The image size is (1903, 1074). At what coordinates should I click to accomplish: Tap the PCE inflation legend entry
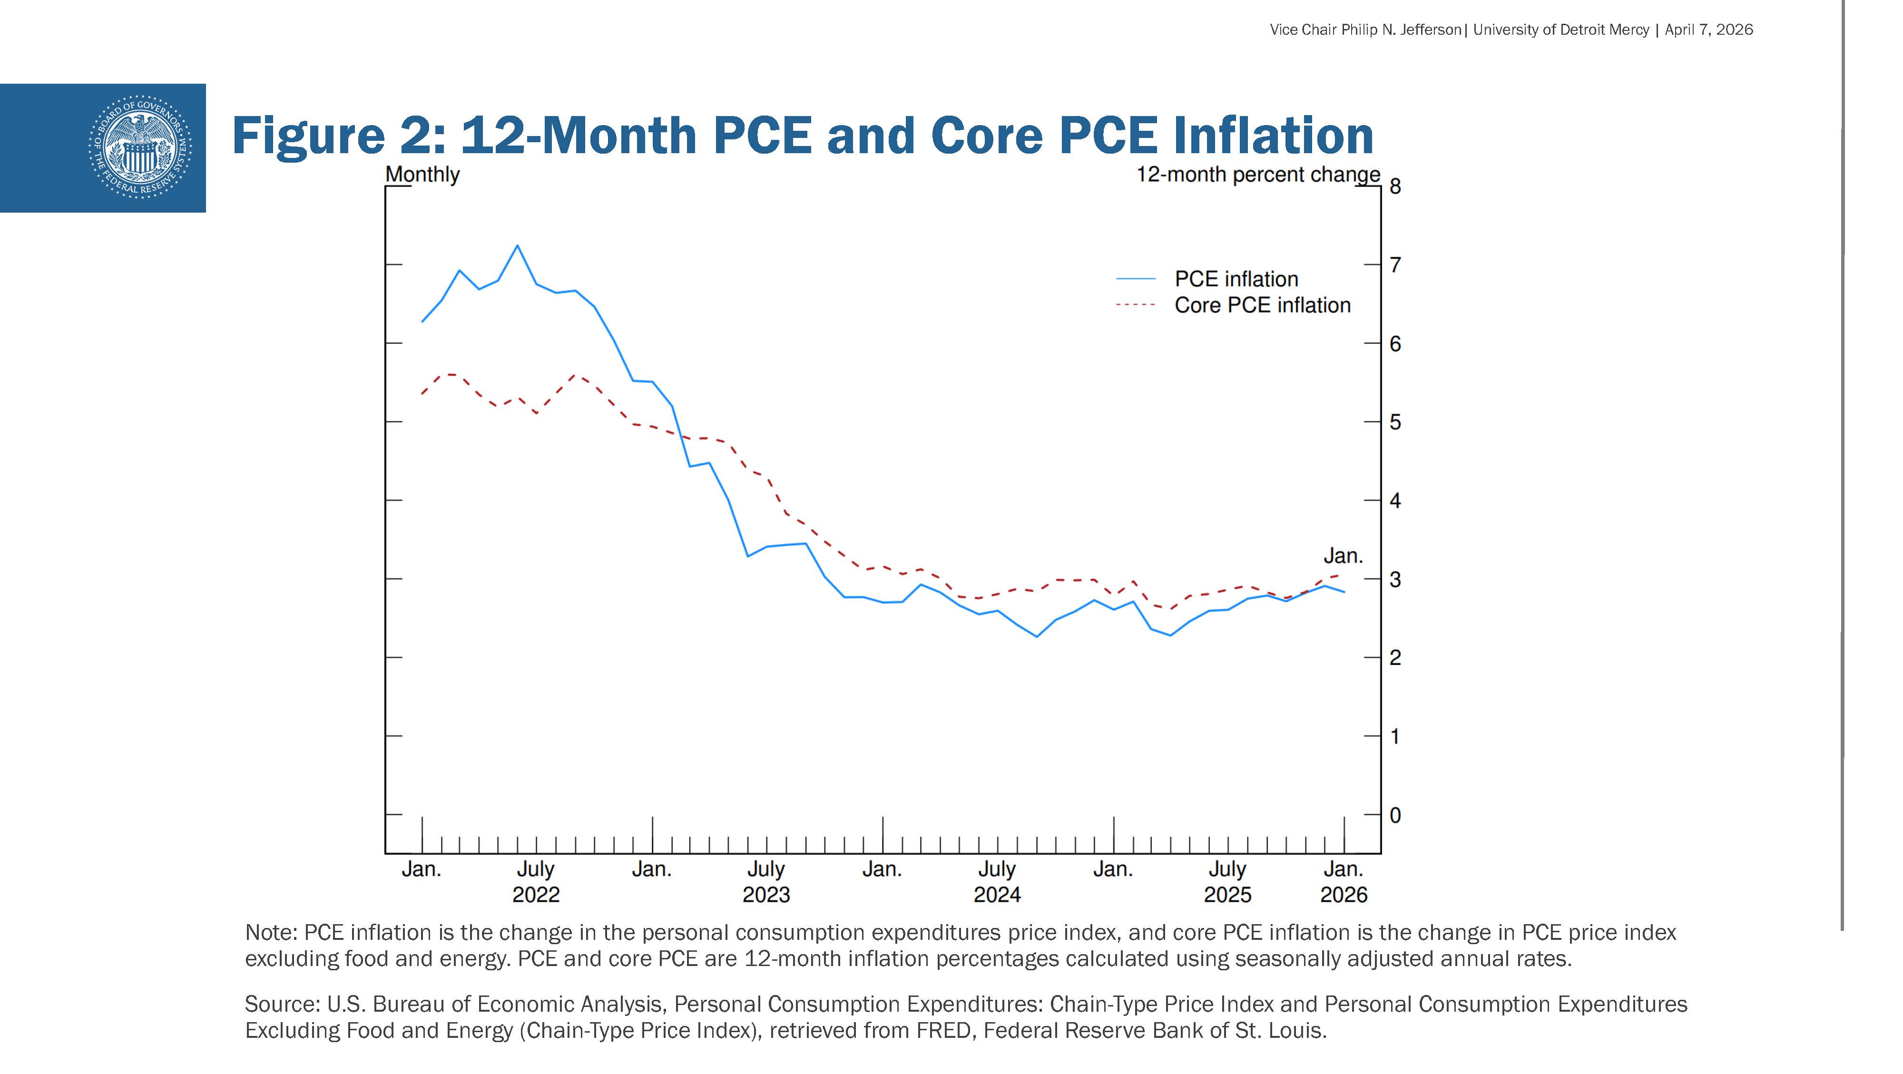pos(1236,279)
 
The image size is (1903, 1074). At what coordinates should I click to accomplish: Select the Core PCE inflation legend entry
pos(1262,305)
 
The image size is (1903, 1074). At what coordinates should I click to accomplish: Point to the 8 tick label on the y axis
pos(1395,186)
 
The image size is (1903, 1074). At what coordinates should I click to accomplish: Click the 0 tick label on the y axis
pos(1395,815)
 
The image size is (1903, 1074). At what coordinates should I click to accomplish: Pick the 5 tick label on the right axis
pos(1395,422)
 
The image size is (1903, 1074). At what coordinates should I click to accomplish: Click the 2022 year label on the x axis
pos(536,895)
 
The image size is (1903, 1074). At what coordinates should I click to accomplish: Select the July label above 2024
pos(997,869)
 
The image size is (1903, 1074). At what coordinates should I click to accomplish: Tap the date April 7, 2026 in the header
pos(1709,29)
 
